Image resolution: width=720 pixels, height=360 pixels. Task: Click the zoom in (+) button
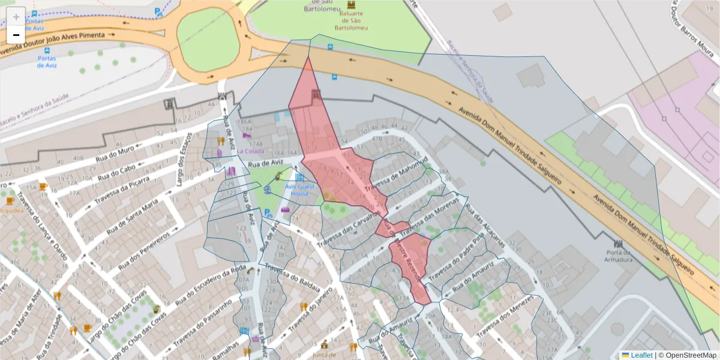tap(16, 16)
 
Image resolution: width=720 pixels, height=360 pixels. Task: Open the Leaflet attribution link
tap(641, 355)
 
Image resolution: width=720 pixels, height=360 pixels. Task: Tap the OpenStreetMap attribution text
tap(691, 355)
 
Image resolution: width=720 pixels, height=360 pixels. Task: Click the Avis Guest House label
tap(299, 190)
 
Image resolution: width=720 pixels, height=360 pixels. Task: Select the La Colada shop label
tap(250, 151)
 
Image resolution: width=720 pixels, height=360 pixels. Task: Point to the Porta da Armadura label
tap(619, 256)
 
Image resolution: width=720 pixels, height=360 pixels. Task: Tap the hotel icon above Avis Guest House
tap(299, 177)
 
